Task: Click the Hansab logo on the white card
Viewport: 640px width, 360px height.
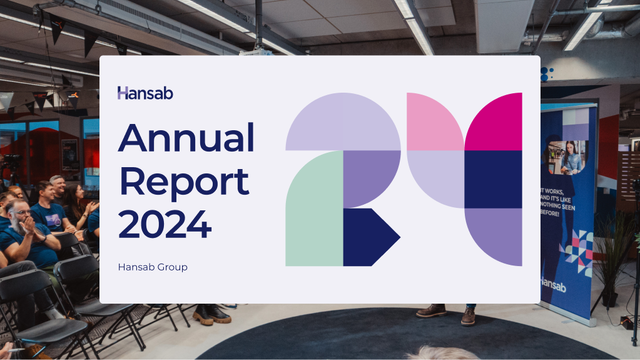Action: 145,93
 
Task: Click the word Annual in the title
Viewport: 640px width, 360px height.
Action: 186,138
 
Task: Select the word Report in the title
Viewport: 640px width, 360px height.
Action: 184,183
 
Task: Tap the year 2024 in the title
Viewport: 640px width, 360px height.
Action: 165,224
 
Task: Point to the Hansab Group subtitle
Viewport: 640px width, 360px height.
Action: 153,267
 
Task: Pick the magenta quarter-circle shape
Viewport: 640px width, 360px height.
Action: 493,121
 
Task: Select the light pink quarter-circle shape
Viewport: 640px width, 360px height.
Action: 435,121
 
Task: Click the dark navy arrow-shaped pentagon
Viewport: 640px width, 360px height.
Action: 369,237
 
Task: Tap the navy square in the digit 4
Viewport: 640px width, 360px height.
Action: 493,180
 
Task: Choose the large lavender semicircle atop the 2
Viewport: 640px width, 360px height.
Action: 343,121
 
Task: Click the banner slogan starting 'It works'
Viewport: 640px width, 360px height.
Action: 557,202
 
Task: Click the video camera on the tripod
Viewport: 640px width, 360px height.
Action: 13,160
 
